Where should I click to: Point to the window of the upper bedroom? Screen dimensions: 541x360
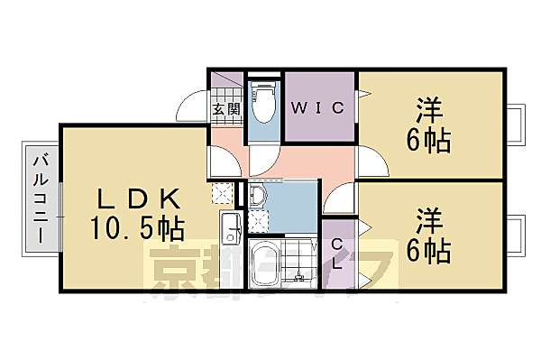[517, 125]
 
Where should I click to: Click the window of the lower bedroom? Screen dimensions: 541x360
[517, 235]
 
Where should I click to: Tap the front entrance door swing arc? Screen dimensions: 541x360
[191, 106]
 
